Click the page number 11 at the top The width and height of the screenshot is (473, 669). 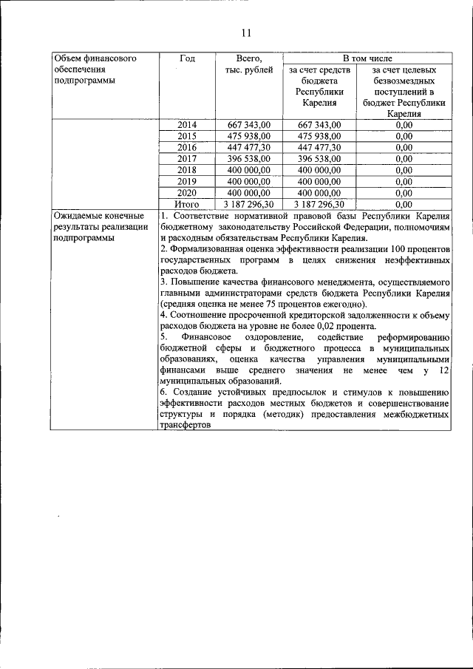pos(246,33)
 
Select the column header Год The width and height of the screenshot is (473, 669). pos(187,58)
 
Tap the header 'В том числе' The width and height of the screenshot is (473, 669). pos(367,58)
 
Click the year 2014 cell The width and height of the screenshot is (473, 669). pos(187,125)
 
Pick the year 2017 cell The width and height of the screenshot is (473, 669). pos(187,158)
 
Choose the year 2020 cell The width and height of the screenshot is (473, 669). pos(187,191)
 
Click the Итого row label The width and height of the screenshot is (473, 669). pos(187,203)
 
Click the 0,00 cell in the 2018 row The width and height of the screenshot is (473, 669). pos(404,169)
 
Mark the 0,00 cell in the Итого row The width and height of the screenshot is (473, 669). pos(404,203)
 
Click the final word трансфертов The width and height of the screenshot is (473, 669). pos(185,427)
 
